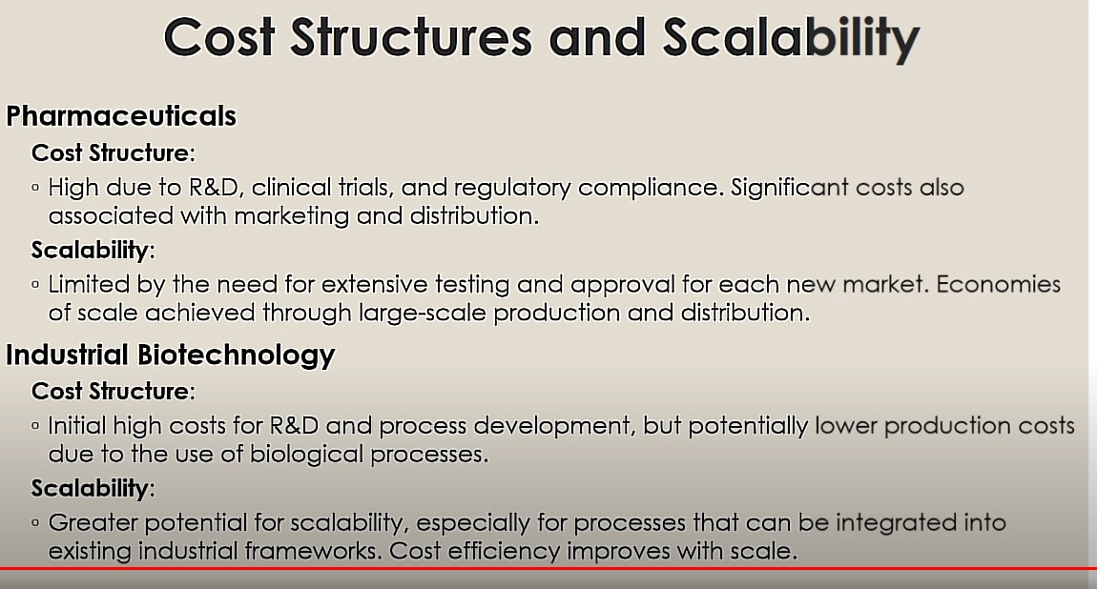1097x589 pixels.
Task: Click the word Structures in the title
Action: (x=411, y=38)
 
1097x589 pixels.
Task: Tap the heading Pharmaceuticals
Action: (x=121, y=116)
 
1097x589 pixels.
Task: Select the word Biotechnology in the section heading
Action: (x=236, y=355)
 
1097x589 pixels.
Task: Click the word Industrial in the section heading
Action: (x=68, y=355)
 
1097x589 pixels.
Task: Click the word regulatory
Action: (x=511, y=188)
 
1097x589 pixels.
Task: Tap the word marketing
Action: (x=291, y=216)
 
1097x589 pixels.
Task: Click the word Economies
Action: (x=999, y=284)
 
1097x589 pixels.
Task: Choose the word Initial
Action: (x=76, y=425)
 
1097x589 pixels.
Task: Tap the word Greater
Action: (x=93, y=522)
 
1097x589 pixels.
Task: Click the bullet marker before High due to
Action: (x=35, y=187)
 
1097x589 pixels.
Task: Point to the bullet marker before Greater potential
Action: (x=35, y=522)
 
